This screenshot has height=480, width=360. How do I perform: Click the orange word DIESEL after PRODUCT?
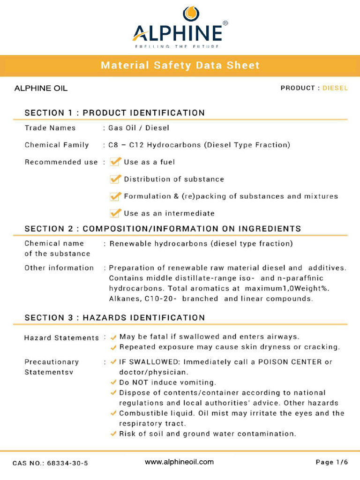[x=335, y=88]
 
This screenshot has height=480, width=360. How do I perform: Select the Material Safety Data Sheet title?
[x=180, y=66]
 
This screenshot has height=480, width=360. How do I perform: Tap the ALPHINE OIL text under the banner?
[x=41, y=88]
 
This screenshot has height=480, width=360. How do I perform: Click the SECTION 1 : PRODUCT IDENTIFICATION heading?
[x=115, y=113]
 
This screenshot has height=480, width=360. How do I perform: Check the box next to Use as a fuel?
[x=115, y=162]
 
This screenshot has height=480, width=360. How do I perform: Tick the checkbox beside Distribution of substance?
[x=115, y=179]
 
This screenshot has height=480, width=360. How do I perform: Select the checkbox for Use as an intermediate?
[x=115, y=213]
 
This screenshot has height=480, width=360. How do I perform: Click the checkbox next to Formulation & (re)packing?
[x=115, y=196]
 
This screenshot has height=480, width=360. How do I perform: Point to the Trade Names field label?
[x=50, y=128]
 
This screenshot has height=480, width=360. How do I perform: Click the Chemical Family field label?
[x=57, y=145]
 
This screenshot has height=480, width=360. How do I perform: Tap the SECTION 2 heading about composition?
[x=163, y=229]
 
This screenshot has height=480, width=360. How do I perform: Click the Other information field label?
[x=59, y=268]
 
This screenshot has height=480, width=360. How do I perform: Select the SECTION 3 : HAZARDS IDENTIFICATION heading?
[x=115, y=318]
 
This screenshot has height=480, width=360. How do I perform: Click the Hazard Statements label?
[x=61, y=337]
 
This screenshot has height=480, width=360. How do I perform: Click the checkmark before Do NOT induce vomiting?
[x=113, y=382]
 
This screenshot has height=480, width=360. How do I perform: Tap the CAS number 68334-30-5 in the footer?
[x=66, y=463]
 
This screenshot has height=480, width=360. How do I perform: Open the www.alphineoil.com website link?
[x=179, y=462]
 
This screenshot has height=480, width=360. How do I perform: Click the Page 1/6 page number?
[x=332, y=463]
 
